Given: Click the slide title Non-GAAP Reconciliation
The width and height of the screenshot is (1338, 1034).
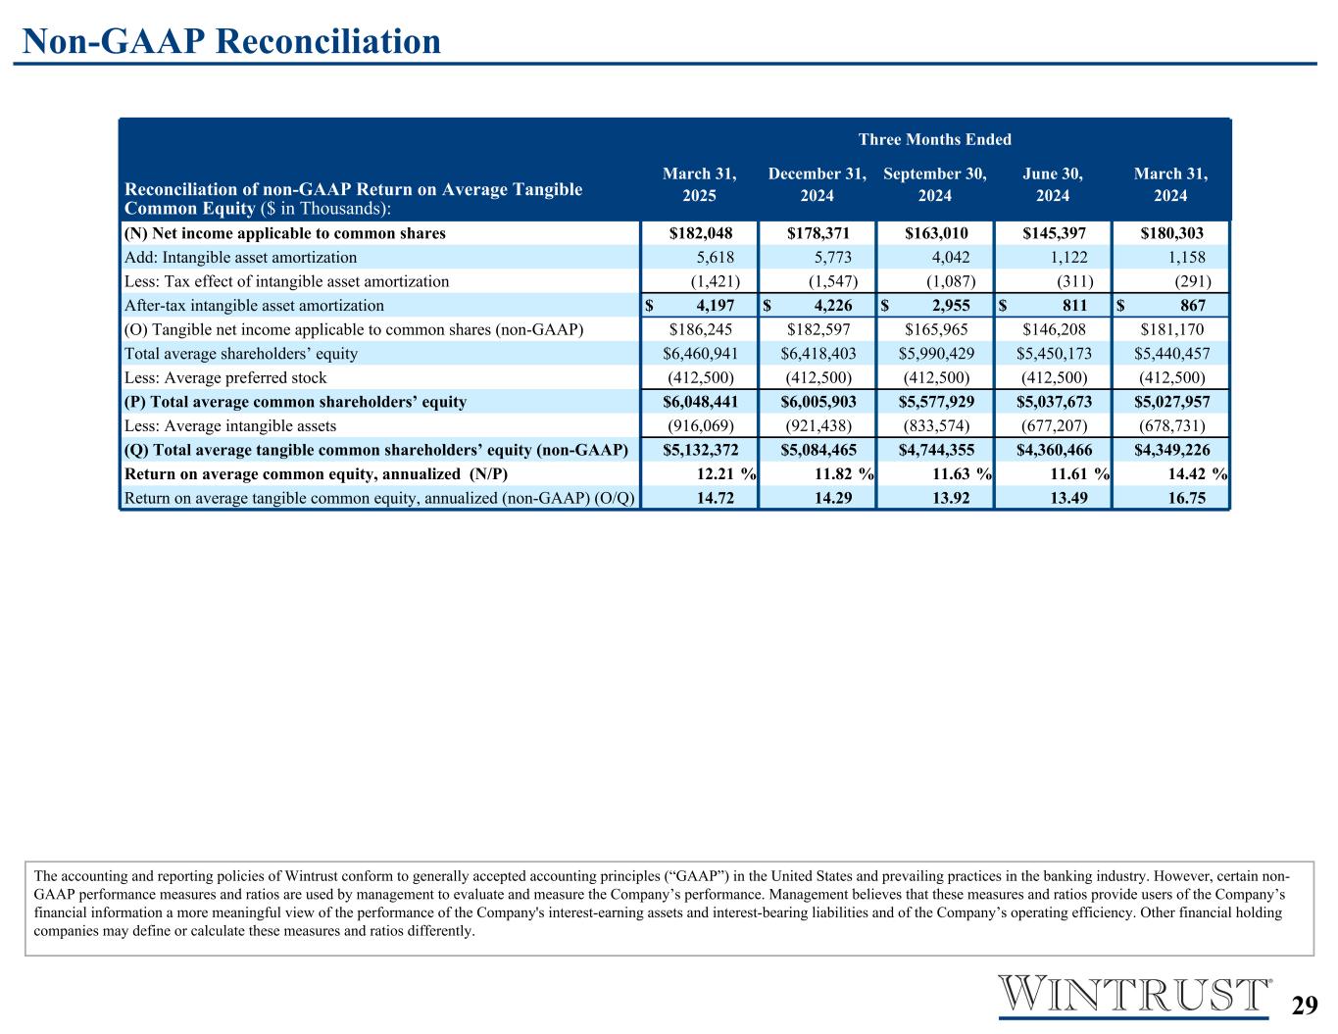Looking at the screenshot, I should (231, 41).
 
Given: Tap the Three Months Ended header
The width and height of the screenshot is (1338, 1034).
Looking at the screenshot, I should (935, 139).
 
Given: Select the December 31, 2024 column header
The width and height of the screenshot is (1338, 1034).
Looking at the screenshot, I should (817, 184).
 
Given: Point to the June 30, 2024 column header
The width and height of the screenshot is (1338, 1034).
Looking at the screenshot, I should (1053, 184).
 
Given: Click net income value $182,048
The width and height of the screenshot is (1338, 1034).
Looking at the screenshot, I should (700, 233).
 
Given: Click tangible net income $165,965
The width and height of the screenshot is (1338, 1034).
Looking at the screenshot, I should (935, 329).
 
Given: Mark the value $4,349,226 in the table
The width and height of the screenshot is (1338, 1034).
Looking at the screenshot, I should (1170, 450).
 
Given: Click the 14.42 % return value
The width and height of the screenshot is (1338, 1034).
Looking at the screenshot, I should (1189, 474).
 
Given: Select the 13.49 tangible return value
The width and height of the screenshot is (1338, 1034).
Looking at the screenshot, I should (1065, 498).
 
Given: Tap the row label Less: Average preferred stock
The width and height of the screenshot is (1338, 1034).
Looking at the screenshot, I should (225, 377).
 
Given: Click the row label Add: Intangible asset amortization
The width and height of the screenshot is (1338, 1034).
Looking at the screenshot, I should (240, 258).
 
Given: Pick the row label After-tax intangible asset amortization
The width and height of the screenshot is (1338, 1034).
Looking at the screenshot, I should (254, 306).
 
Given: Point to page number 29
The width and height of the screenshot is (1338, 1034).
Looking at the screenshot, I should (1303, 1006).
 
